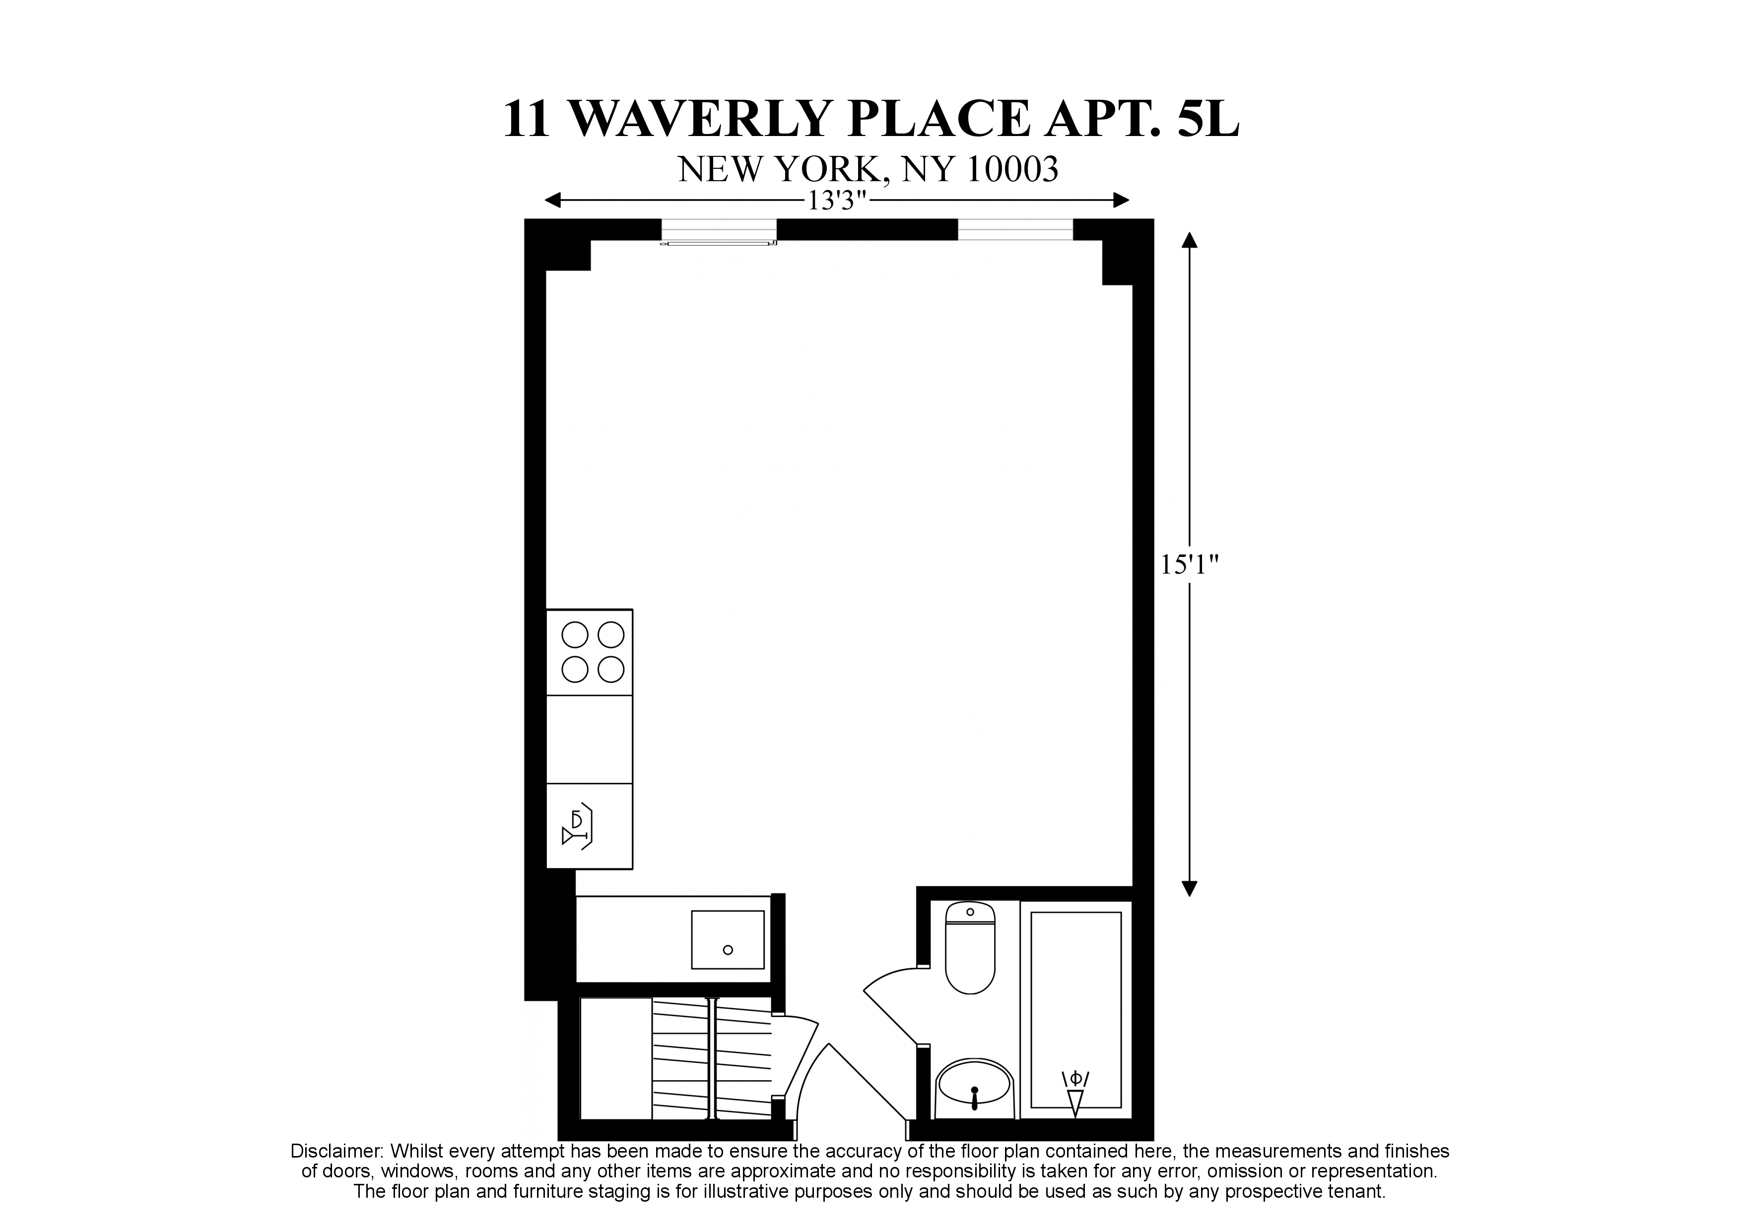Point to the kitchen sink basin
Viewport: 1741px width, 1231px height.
[x=727, y=940]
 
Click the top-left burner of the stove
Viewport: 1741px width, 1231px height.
[x=575, y=634]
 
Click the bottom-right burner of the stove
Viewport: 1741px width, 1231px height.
[x=610, y=669]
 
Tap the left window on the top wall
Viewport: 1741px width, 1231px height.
[x=718, y=230]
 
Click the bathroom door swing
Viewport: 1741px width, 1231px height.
[x=891, y=1005]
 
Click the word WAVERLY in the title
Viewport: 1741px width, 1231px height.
[x=701, y=119]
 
